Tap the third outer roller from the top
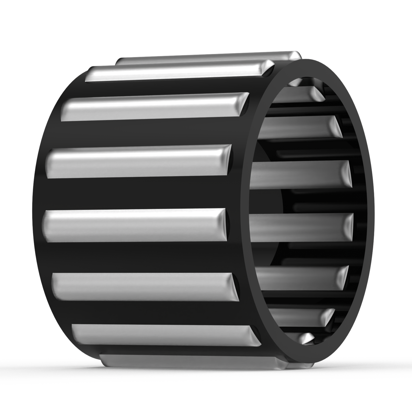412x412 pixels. point(154,106)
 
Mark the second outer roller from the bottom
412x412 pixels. point(165,335)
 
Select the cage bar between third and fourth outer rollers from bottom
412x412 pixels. point(137,256)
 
